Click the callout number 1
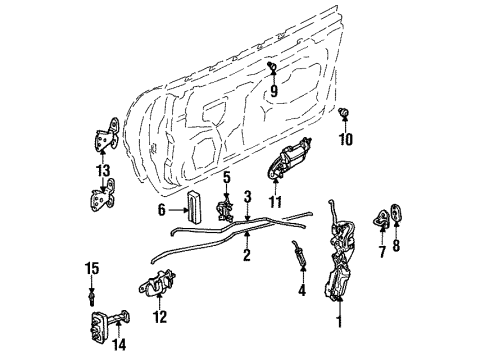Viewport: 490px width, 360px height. coord(339,321)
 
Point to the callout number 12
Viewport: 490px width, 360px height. coord(158,319)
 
